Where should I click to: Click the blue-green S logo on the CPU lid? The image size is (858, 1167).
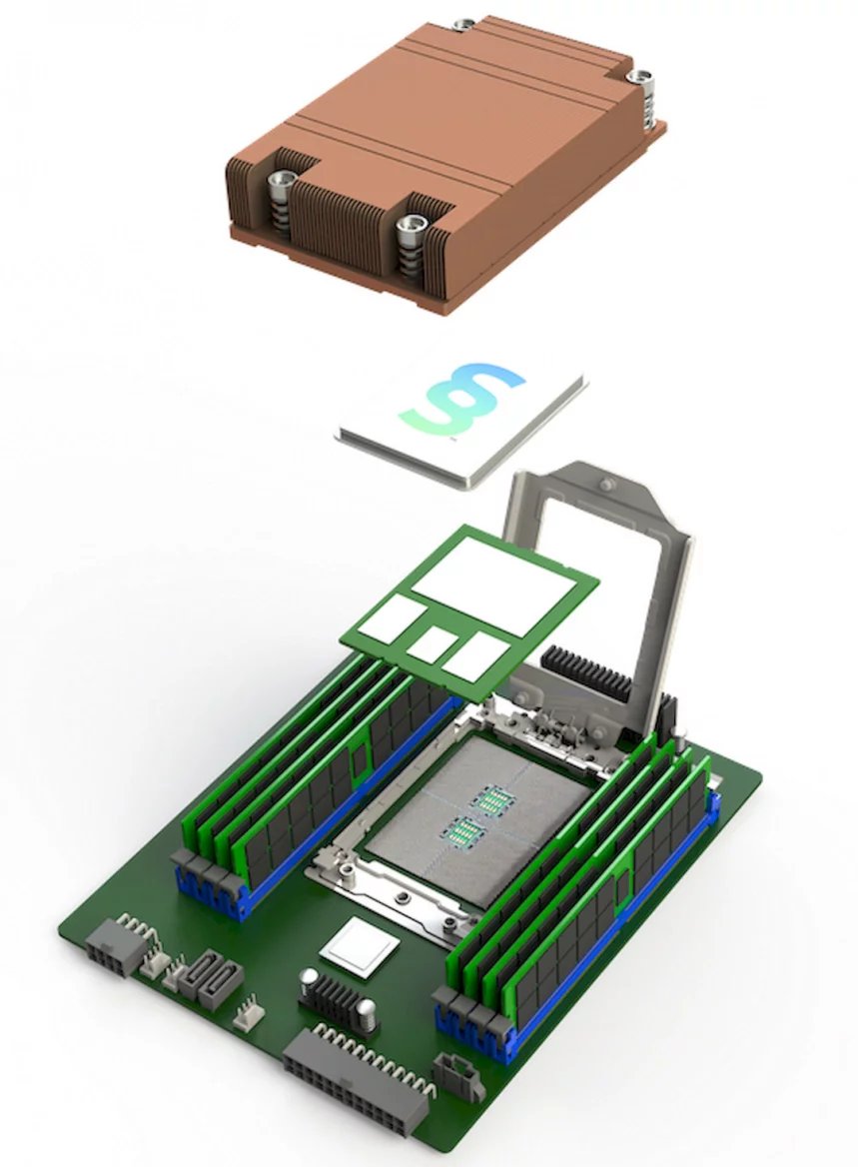468,400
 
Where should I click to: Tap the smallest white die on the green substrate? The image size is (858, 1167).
431,644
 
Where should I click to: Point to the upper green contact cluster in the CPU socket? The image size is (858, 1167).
492,798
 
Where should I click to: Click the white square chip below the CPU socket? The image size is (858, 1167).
359,944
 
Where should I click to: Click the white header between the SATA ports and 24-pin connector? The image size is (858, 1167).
245,1015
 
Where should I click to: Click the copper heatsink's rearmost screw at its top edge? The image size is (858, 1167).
461,22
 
